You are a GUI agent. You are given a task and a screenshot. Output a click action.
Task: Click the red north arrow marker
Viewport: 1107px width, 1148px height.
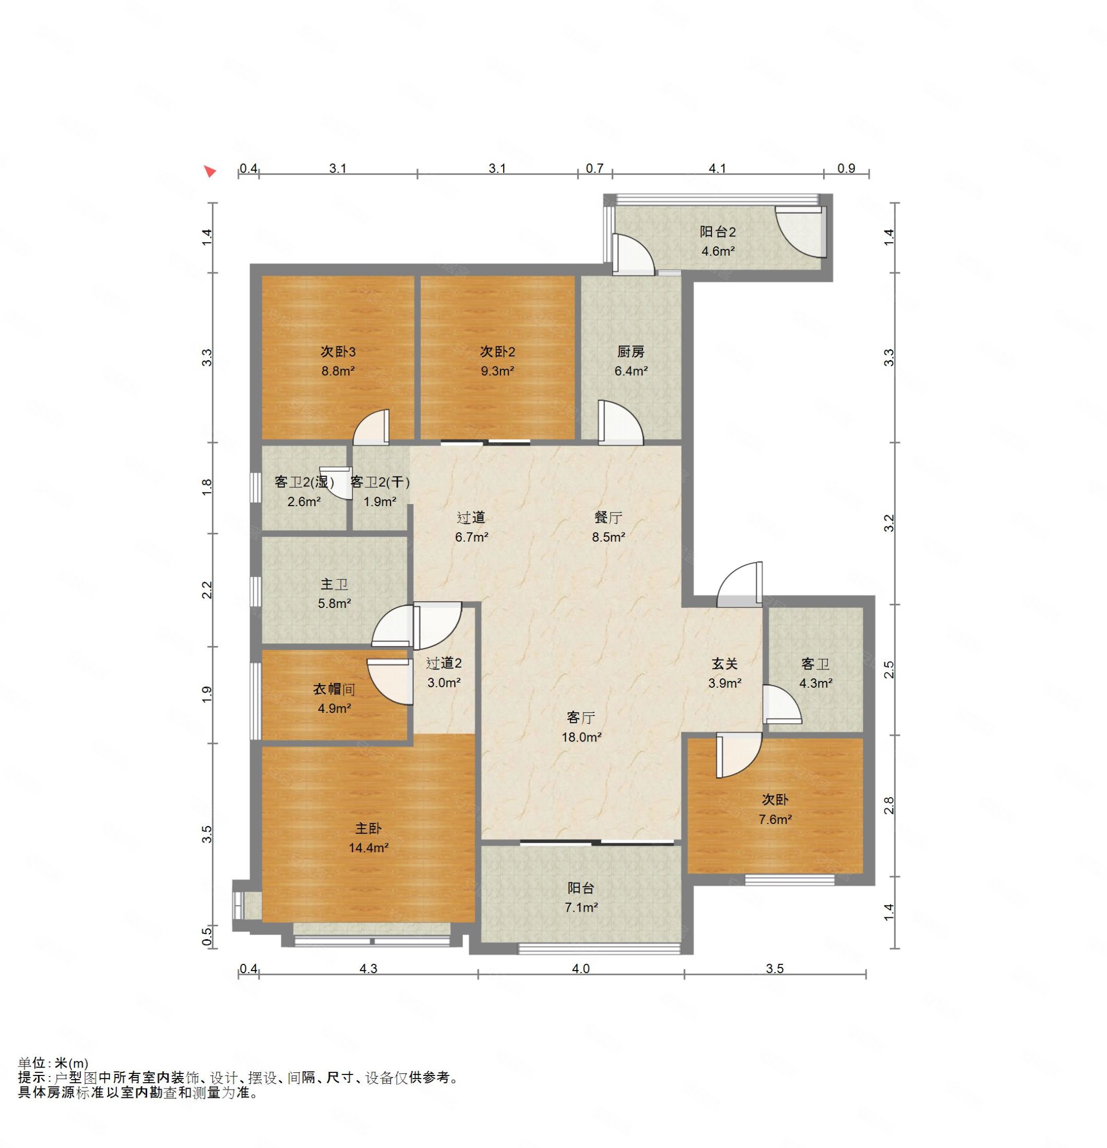[209, 171]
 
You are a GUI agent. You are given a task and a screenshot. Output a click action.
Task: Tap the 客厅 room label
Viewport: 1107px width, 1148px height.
[580, 717]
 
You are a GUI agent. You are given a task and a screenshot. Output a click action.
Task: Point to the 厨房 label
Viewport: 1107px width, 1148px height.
[630, 351]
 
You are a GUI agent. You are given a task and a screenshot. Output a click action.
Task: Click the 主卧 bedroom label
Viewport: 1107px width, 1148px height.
[368, 828]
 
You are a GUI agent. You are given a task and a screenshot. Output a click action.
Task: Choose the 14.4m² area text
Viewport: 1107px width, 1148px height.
[368, 847]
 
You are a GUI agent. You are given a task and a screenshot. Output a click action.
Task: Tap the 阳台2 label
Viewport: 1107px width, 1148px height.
[717, 231]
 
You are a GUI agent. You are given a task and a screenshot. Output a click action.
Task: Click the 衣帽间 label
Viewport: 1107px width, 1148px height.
[334, 689]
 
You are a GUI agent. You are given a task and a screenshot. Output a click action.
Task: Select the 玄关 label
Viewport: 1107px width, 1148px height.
[724, 663]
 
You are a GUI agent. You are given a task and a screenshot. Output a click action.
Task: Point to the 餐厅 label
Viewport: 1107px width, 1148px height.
[608, 517]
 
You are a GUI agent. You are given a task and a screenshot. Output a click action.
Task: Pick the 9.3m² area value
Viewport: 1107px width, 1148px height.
[497, 370]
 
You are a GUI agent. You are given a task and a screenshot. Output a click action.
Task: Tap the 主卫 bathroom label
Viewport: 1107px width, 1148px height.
[334, 584]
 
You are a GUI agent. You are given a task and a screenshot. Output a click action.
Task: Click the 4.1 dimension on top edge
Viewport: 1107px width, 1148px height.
[717, 168]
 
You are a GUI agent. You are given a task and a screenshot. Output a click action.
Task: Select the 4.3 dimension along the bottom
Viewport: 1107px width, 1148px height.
[368, 968]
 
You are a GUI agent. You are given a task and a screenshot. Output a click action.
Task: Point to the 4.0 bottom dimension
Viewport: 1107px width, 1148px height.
[580, 968]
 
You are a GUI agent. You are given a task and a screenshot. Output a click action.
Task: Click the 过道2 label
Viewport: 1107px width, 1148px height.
[444, 663]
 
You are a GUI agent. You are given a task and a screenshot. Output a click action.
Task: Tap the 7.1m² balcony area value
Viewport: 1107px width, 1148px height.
[581, 907]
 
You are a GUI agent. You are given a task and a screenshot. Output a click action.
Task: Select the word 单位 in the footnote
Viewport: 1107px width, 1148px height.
[32, 1062]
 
